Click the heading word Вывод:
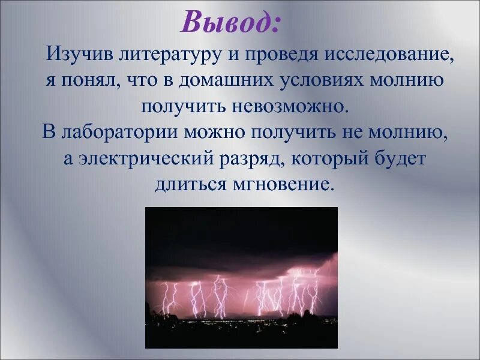[x=230, y=23]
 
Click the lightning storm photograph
[x=241, y=277]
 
